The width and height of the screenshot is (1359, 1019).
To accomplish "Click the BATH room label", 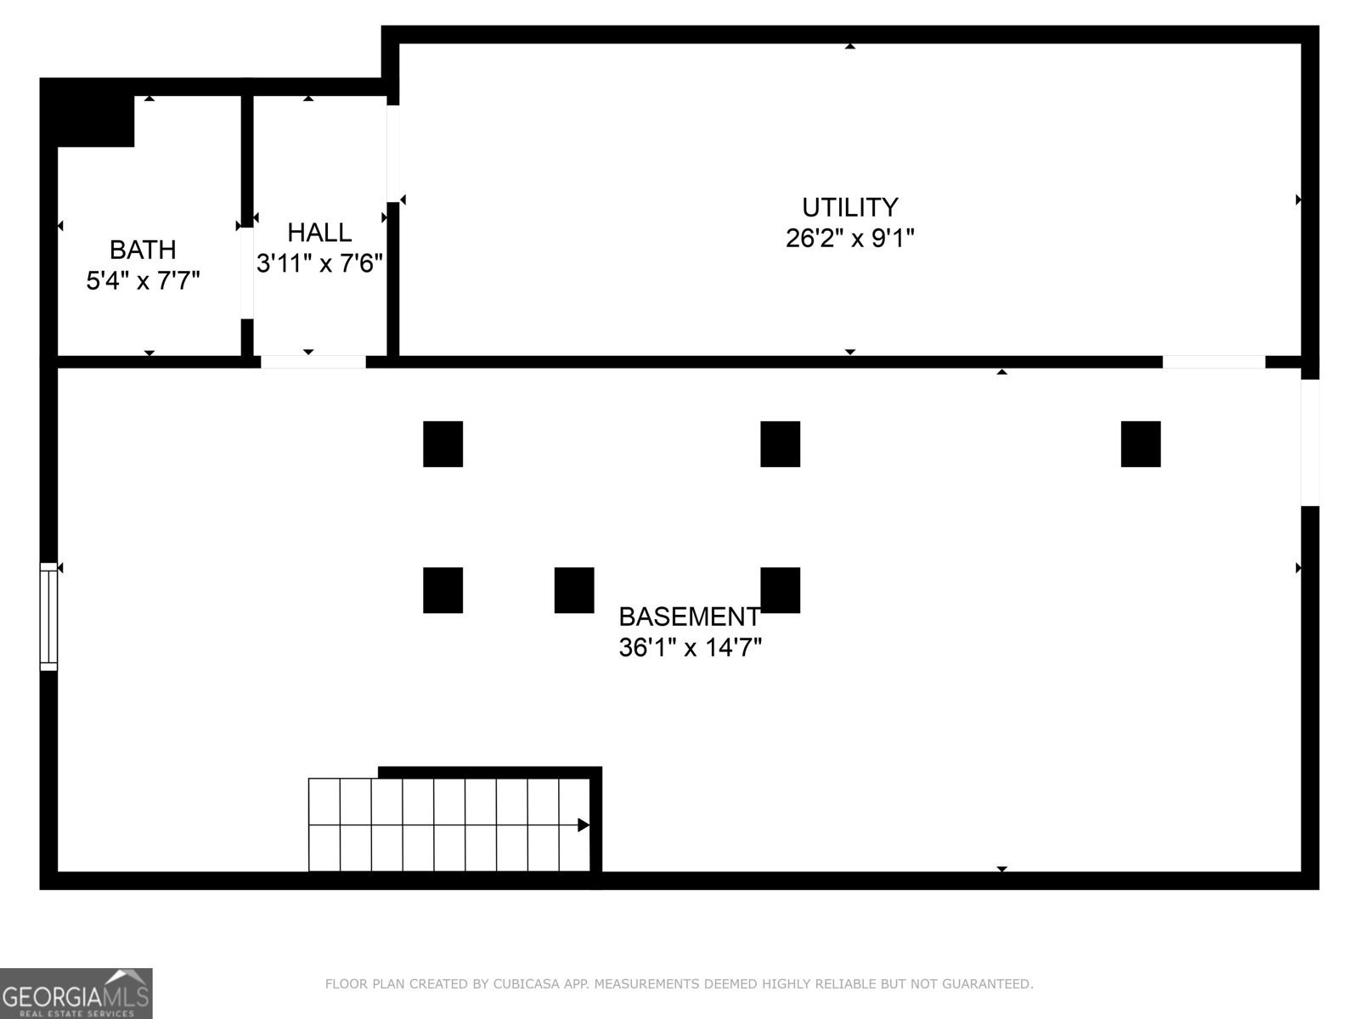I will (x=143, y=250).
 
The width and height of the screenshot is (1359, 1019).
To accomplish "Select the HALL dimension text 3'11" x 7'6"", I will (x=320, y=264).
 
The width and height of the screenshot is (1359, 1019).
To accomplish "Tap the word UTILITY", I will (x=849, y=207).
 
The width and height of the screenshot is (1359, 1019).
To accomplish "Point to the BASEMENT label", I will (x=689, y=616).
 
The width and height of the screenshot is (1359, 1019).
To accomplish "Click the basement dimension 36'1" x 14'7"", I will (x=690, y=648).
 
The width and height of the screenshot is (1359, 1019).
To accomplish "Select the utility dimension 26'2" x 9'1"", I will (x=849, y=239).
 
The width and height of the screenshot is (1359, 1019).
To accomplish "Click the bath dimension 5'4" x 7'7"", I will (x=143, y=280).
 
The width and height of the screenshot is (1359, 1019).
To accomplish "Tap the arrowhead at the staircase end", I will (x=584, y=825).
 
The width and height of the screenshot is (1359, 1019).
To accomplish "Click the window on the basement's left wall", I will (x=48, y=616).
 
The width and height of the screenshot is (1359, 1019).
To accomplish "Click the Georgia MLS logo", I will (x=76, y=993).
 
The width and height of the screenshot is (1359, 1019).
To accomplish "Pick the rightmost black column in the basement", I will (x=1140, y=444).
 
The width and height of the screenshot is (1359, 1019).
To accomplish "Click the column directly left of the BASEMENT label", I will (x=574, y=590).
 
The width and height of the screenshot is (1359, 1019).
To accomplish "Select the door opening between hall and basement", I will (x=313, y=362).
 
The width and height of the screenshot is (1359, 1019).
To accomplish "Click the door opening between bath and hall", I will (x=246, y=273).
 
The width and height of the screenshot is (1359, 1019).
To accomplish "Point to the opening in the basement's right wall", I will (x=1310, y=442).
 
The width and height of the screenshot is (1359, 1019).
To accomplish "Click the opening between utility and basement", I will (x=1213, y=362).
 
